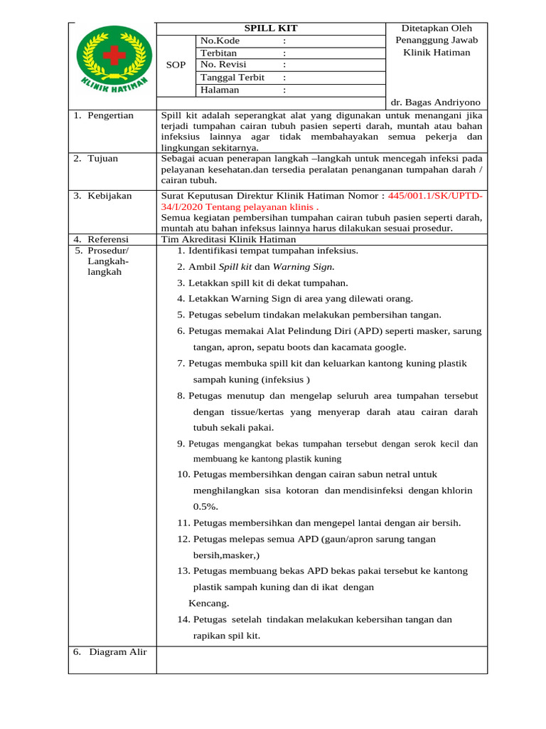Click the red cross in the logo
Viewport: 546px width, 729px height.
coord(114,55)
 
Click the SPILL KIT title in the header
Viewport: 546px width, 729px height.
coord(271,28)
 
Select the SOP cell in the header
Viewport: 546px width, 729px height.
coord(176,65)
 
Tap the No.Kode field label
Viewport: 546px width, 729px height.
coord(220,41)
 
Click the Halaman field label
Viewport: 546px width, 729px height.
coord(220,90)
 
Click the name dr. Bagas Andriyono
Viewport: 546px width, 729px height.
coord(436,103)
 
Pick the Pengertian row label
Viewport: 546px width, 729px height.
coord(110,115)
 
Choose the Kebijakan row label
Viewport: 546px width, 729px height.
coord(109,196)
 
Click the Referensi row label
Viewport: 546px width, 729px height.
coord(109,239)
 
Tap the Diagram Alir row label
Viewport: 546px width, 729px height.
coord(117,651)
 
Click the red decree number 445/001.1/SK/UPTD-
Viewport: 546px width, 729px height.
coord(435,196)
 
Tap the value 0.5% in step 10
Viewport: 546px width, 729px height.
coord(205,506)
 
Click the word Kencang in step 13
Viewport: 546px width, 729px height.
coord(209,603)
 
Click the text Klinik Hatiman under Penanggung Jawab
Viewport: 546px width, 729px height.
coord(437,53)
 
